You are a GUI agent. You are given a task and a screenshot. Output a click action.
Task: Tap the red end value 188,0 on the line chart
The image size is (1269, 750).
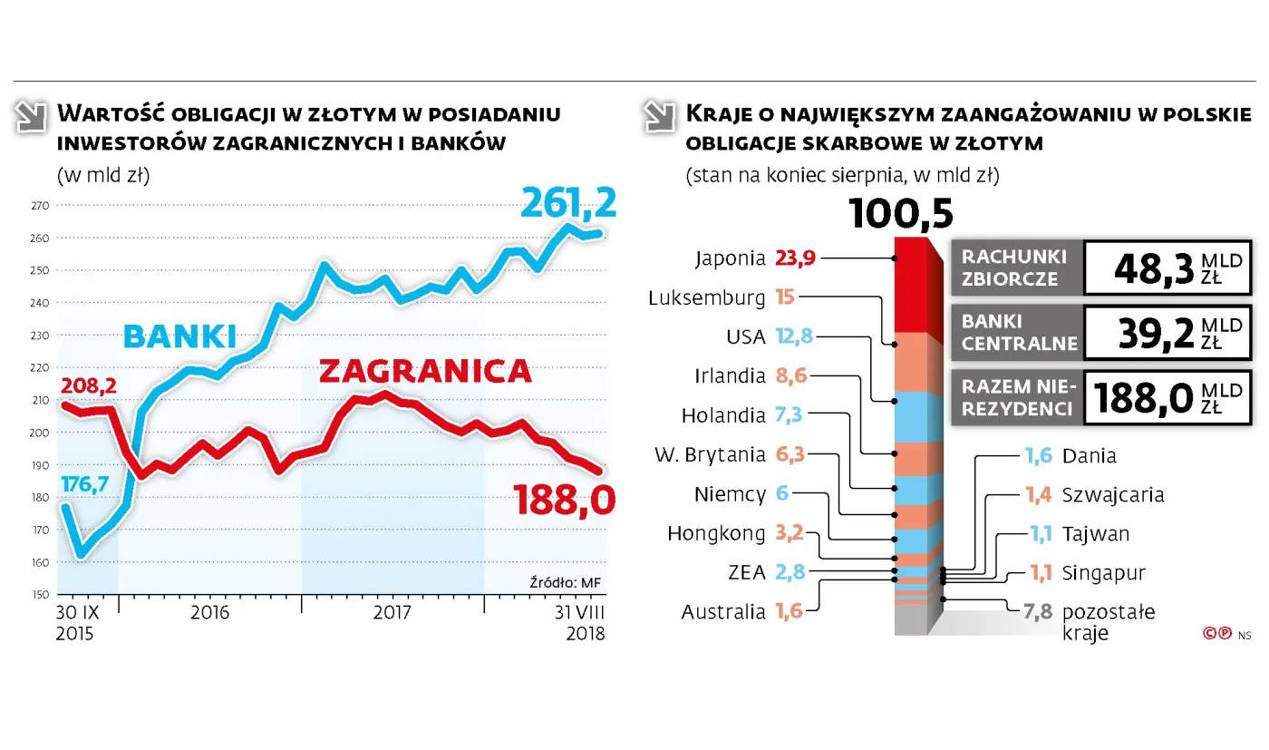pyautogui.click(x=565, y=499)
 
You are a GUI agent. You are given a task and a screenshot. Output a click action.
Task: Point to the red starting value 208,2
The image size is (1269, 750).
pyautogui.click(x=88, y=387)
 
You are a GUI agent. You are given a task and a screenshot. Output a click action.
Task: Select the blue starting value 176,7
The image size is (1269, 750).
pyautogui.click(x=84, y=484)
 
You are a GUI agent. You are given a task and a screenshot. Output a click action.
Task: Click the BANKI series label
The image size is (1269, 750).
pyautogui.click(x=179, y=336)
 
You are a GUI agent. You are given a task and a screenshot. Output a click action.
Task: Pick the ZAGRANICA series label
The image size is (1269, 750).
pyautogui.click(x=424, y=371)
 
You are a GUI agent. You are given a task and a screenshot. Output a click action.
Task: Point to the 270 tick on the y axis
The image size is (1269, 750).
pyautogui.click(x=38, y=206)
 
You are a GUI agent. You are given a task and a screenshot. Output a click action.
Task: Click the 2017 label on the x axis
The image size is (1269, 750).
pyautogui.click(x=392, y=612)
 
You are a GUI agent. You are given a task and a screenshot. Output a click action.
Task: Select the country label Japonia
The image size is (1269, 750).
pyautogui.click(x=731, y=258)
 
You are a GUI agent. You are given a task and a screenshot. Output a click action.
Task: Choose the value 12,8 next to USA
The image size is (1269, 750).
pyautogui.click(x=795, y=337)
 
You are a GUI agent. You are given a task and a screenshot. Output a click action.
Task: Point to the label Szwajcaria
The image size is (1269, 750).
pyautogui.click(x=1113, y=495)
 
